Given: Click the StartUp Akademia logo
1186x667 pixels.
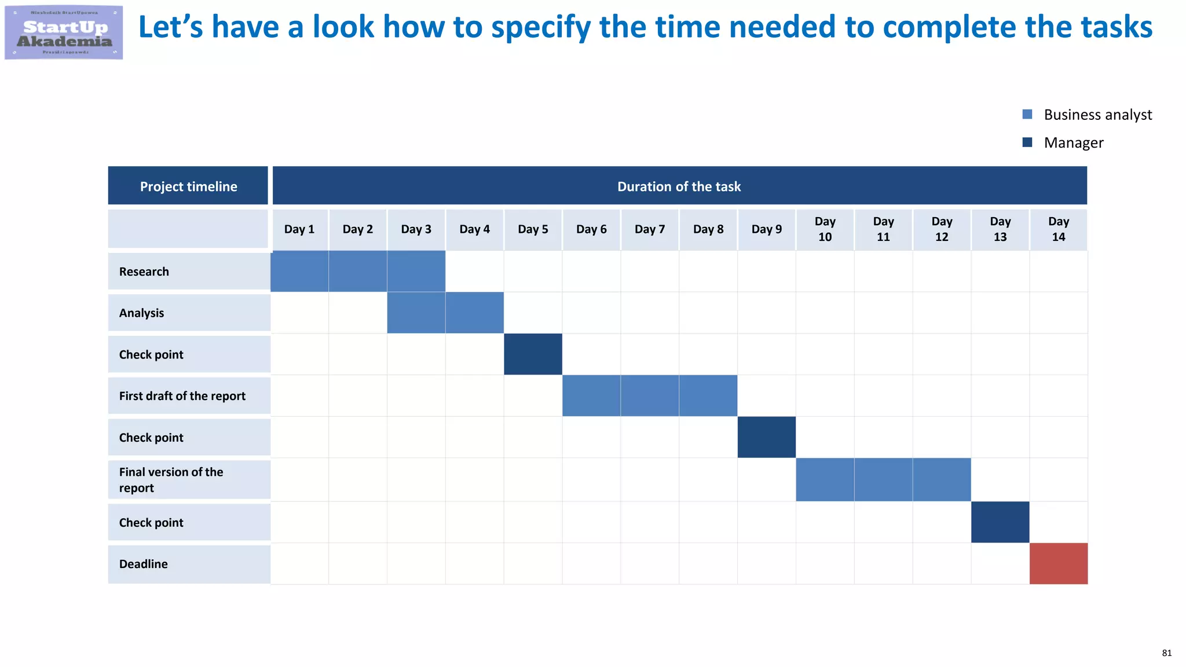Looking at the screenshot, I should tap(64, 32).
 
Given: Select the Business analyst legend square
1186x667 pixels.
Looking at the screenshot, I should tap(1027, 115).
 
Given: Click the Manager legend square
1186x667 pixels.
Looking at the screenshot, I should tap(1027, 142).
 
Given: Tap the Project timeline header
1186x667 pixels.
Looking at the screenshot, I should tap(188, 186).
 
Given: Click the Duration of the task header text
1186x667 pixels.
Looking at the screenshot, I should tap(679, 186).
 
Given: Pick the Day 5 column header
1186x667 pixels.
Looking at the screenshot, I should tap(533, 229).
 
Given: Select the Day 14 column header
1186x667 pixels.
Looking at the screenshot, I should tap(1058, 229).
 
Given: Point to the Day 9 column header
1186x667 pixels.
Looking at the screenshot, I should tap(766, 229).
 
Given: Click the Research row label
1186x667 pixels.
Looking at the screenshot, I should tap(144, 272).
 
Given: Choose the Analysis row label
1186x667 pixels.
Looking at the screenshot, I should tap(142, 313).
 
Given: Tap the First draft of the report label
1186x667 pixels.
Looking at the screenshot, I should tap(182, 396).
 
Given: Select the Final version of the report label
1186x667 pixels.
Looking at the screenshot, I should tap(171, 480).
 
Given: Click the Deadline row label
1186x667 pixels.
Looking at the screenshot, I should tap(144, 564).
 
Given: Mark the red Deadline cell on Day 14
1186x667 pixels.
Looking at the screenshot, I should tap(1058, 563).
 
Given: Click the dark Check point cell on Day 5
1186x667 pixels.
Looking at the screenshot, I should tap(533, 354).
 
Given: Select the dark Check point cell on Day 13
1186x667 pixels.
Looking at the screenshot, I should tap(1000, 522).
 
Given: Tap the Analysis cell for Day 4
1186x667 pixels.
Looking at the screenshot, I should tap(474, 313).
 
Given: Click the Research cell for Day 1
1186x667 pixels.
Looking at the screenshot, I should tap(299, 271).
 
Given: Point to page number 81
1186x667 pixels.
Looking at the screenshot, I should tap(1166, 653).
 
